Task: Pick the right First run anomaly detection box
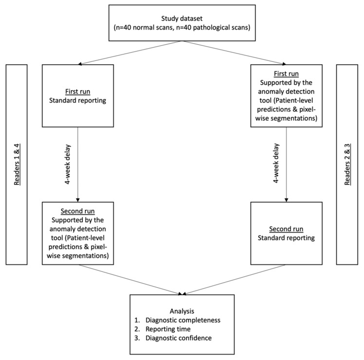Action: (x=286, y=95)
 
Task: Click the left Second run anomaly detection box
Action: (x=77, y=234)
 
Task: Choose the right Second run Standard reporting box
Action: (x=286, y=234)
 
